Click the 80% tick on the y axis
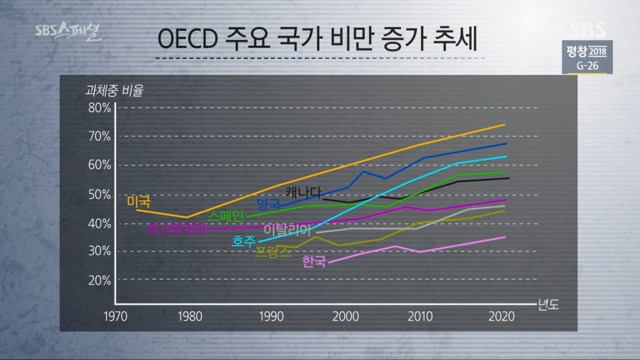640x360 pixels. coord(99,108)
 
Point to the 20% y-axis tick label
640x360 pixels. coord(99,280)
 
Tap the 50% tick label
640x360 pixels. coord(99,195)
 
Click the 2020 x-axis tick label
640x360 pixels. coord(501,316)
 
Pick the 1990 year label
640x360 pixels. coord(270,316)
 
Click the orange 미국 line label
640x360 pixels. coord(139,202)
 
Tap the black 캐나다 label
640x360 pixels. coord(303,191)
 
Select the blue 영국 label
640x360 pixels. coord(268,204)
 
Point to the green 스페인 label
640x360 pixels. coord(226,217)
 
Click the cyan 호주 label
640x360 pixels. coord(244,241)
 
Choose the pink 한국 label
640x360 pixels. coord(314,261)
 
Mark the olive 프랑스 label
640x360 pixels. coord(273,253)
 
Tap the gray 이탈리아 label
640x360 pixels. coord(290,230)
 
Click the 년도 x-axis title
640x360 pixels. coord(547,305)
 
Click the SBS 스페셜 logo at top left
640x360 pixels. coord(68,32)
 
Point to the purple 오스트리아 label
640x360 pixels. coord(177,229)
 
